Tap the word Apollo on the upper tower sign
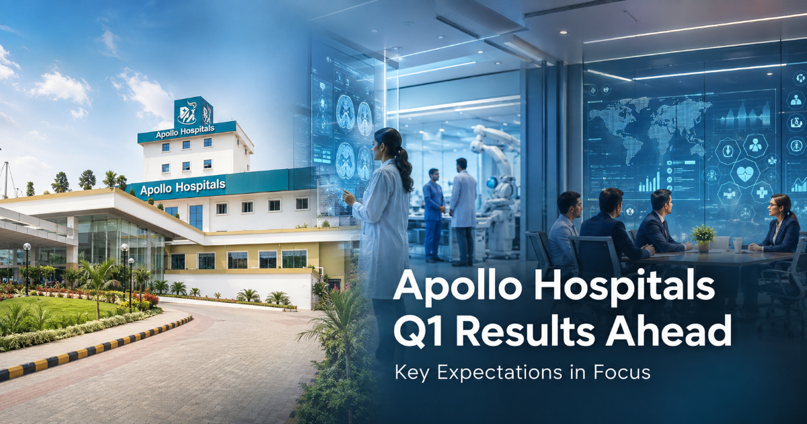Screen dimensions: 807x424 coord(167,134)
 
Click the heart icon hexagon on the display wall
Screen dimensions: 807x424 coord(745,174)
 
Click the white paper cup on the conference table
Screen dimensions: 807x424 coord(738,245)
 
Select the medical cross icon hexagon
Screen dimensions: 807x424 coord(762,192)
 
